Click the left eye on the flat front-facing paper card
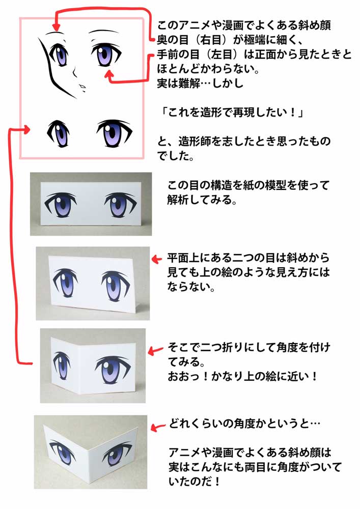[61, 205]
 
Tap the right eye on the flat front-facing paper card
[120, 204]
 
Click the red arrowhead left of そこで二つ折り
[152, 350]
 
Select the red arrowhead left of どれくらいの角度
[157, 426]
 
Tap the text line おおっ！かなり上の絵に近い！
[243, 378]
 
